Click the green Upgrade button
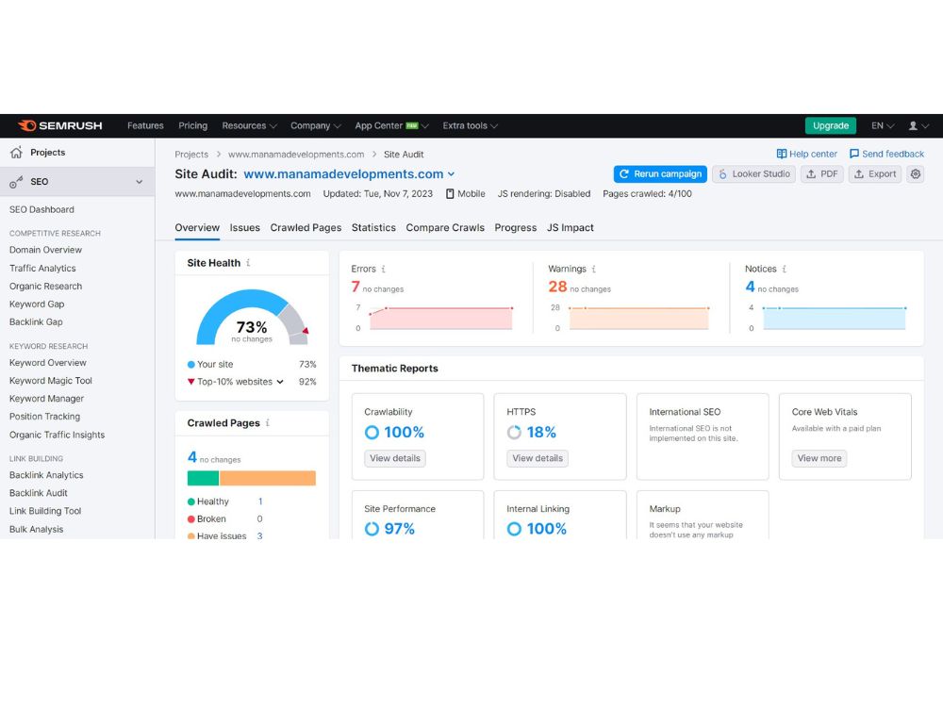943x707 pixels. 830,125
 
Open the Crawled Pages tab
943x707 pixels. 306,228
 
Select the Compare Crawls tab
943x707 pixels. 445,228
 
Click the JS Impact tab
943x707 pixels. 571,228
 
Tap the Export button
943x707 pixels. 875,173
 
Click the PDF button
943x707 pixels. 821,173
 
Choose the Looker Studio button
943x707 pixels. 754,173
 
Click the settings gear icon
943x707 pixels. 916,173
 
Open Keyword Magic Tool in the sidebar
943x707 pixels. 51,381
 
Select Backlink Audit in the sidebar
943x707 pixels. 39,493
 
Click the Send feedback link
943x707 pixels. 886,154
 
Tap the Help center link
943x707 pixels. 806,154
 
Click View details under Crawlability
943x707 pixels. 395,458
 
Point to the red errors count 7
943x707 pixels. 356,287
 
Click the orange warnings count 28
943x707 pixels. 557,287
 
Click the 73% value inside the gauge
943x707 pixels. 252,327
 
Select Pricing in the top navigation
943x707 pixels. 193,125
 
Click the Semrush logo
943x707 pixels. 60,125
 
